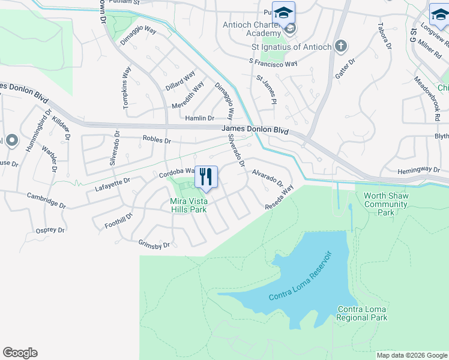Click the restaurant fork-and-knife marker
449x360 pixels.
click(x=206, y=176)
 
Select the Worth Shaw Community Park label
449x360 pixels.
click(x=385, y=205)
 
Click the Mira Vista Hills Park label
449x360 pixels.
click(x=188, y=205)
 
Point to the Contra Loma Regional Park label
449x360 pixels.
click(x=362, y=314)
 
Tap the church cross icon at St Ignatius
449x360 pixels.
click(x=340, y=46)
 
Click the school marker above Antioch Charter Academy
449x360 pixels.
click(x=283, y=13)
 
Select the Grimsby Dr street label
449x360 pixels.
click(x=154, y=245)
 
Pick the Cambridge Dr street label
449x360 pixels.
click(x=47, y=200)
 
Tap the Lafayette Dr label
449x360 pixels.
click(x=112, y=184)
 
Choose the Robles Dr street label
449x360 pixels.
click(x=157, y=140)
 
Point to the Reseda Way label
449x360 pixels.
click(x=280, y=197)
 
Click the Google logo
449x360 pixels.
click(x=20, y=353)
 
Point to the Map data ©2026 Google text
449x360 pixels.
click(x=411, y=355)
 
